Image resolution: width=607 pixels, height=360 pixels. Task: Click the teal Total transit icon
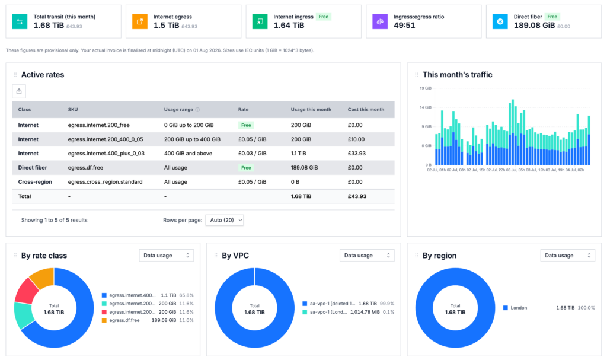(20, 21)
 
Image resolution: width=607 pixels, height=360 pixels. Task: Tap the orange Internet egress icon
(140, 21)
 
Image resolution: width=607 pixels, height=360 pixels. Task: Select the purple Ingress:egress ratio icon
(380, 21)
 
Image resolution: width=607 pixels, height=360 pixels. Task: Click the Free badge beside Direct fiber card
(552, 17)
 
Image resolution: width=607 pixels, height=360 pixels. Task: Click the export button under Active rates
(19, 91)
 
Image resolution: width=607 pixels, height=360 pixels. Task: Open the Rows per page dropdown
(225, 220)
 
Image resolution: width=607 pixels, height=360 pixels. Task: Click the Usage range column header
(178, 110)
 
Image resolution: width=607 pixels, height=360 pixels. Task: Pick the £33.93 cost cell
(356, 154)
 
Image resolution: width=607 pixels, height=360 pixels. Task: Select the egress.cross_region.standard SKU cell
(105, 181)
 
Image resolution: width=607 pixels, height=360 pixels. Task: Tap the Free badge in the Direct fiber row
(246, 168)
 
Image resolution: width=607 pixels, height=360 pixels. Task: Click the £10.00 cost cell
(356, 139)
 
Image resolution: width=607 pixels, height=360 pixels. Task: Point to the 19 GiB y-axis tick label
(426, 88)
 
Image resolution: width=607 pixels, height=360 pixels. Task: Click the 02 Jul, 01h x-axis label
(437, 170)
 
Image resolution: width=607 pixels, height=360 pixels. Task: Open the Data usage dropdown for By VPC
(367, 256)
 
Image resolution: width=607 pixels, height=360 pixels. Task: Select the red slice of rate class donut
(26, 291)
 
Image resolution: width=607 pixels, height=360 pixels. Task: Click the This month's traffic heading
(457, 74)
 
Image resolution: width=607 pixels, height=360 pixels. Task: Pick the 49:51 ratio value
(404, 25)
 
